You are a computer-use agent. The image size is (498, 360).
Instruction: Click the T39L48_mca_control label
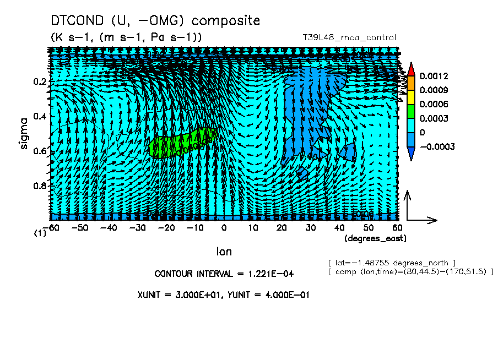[x=349, y=37]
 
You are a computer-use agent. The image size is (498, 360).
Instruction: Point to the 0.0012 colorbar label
[x=433, y=75]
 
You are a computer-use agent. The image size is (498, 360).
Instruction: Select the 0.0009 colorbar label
[x=433, y=90]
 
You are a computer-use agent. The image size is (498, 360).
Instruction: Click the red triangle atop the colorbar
[x=410, y=69]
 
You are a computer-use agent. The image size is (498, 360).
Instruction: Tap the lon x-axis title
[x=224, y=252]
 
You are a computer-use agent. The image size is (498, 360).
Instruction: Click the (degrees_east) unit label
[x=375, y=238]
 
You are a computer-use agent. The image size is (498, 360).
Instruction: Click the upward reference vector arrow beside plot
[x=408, y=204]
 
